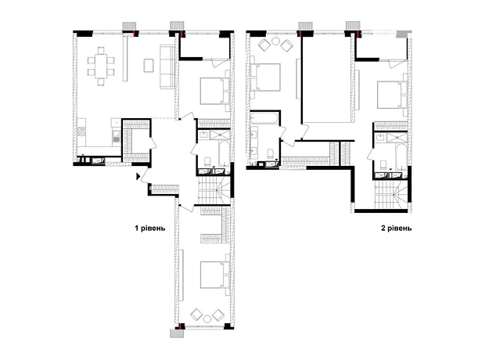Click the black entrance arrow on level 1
pyautogui.click(x=138, y=176)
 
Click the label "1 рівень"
pyautogui.click(x=150, y=229)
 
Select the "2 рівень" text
pyautogui.click(x=397, y=229)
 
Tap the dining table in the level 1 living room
pyautogui.click(x=101, y=66)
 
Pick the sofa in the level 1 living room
pyautogui.click(x=167, y=67)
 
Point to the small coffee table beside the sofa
pyautogui.click(x=149, y=65)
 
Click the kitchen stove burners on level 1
pyautogui.click(x=81, y=131)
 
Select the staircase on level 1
pyautogui.click(x=214, y=190)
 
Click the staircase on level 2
pyautogui.click(x=391, y=195)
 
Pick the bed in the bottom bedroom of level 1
pyautogui.click(x=214, y=275)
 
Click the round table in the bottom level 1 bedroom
pyautogui.click(x=207, y=319)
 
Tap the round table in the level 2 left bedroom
pyautogui.click(x=275, y=41)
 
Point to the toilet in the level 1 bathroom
pyautogui.click(x=207, y=162)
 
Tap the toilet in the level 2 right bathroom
pyautogui.click(x=383, y=165)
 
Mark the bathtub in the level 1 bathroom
pyautogui.click(x=224, y=153)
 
